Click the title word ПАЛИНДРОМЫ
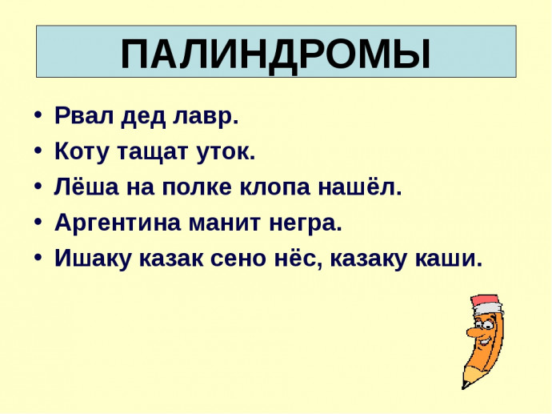point(276,54)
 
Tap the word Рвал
point(84,115)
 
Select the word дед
point(143,117)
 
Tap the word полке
point(197,187)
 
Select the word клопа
point(275,188)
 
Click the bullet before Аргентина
point(38,223)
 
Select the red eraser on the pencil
point(485,302)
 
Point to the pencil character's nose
point(473,332)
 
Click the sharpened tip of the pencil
point(464,386)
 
